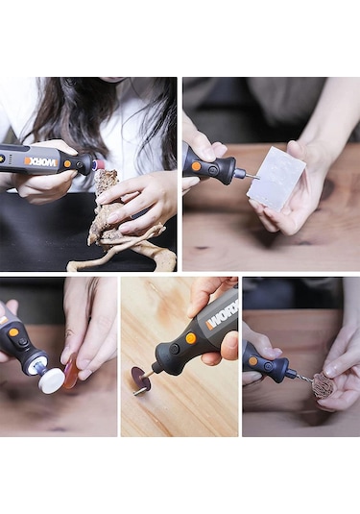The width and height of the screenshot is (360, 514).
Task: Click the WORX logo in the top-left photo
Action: tap(40, 161)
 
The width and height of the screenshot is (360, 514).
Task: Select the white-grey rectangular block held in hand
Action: tap(276, 179)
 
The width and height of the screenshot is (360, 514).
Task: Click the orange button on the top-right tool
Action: tap(196, 166)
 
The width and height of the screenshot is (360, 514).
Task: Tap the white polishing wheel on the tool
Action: tap(51, 380)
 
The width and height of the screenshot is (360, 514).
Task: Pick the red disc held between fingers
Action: tap(71, 373)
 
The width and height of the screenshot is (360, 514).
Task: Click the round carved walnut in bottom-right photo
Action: tap(324, 386)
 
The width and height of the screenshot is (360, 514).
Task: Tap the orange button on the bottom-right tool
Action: tap(253, 361)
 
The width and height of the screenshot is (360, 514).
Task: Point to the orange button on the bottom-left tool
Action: tap(13, 335)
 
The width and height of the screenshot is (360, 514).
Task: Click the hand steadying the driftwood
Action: tap(144, 197)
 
